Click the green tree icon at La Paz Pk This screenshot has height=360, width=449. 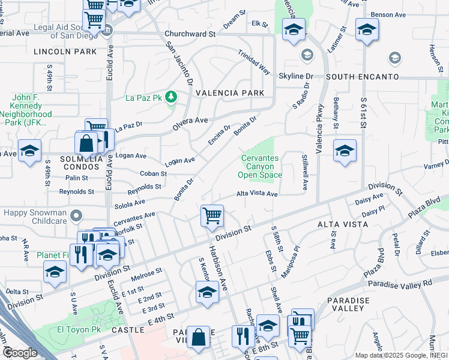171,96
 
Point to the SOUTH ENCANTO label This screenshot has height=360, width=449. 363,77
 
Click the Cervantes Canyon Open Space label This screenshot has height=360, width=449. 260,167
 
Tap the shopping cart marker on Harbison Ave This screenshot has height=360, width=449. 212,215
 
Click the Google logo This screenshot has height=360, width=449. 19,353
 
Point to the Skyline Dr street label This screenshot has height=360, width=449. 296,77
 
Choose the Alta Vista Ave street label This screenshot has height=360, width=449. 257,194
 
